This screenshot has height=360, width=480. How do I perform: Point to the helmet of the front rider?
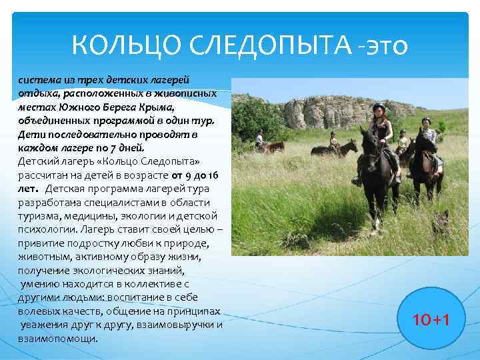coord(379,107)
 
